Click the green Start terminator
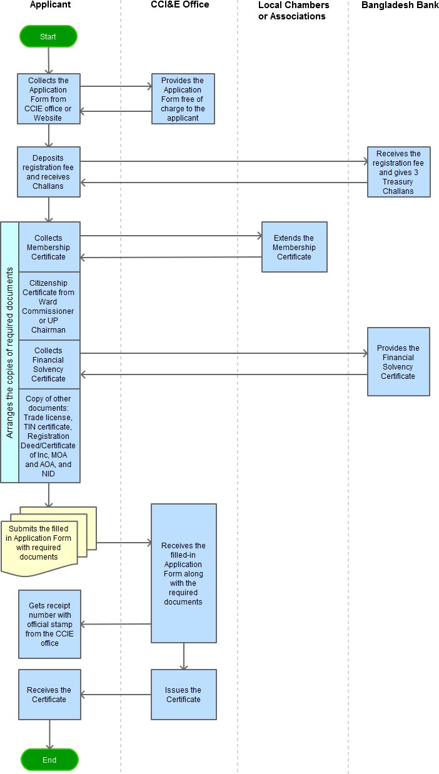48,36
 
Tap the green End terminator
49,760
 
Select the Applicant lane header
51,4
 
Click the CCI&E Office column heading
179,4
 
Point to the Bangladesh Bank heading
400,5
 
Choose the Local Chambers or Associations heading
293,11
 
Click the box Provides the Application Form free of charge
183,99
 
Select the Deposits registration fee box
49,172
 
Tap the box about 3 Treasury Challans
399,172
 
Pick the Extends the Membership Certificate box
295,247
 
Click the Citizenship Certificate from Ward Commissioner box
49,306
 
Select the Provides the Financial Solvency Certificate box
398,362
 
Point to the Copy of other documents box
49,436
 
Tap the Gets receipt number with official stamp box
50,625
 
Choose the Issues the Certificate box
184,695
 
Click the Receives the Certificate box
50,695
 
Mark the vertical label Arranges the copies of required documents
9,353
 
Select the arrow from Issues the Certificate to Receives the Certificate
116,695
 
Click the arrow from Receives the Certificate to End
50,734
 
